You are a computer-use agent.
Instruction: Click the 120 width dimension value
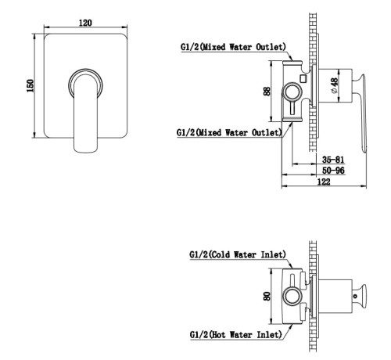tap(85, 23)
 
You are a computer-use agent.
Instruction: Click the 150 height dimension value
tap(30, 85)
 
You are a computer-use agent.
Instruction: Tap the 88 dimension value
tap(267, 92)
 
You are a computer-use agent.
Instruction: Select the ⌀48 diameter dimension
tap(334, 85)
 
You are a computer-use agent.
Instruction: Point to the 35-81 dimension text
tap(333, 160)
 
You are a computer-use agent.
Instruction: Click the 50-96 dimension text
tap(333, 171)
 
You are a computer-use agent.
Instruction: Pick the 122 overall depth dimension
tap(324, 182)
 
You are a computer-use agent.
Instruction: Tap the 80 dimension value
tap(267, 296)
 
